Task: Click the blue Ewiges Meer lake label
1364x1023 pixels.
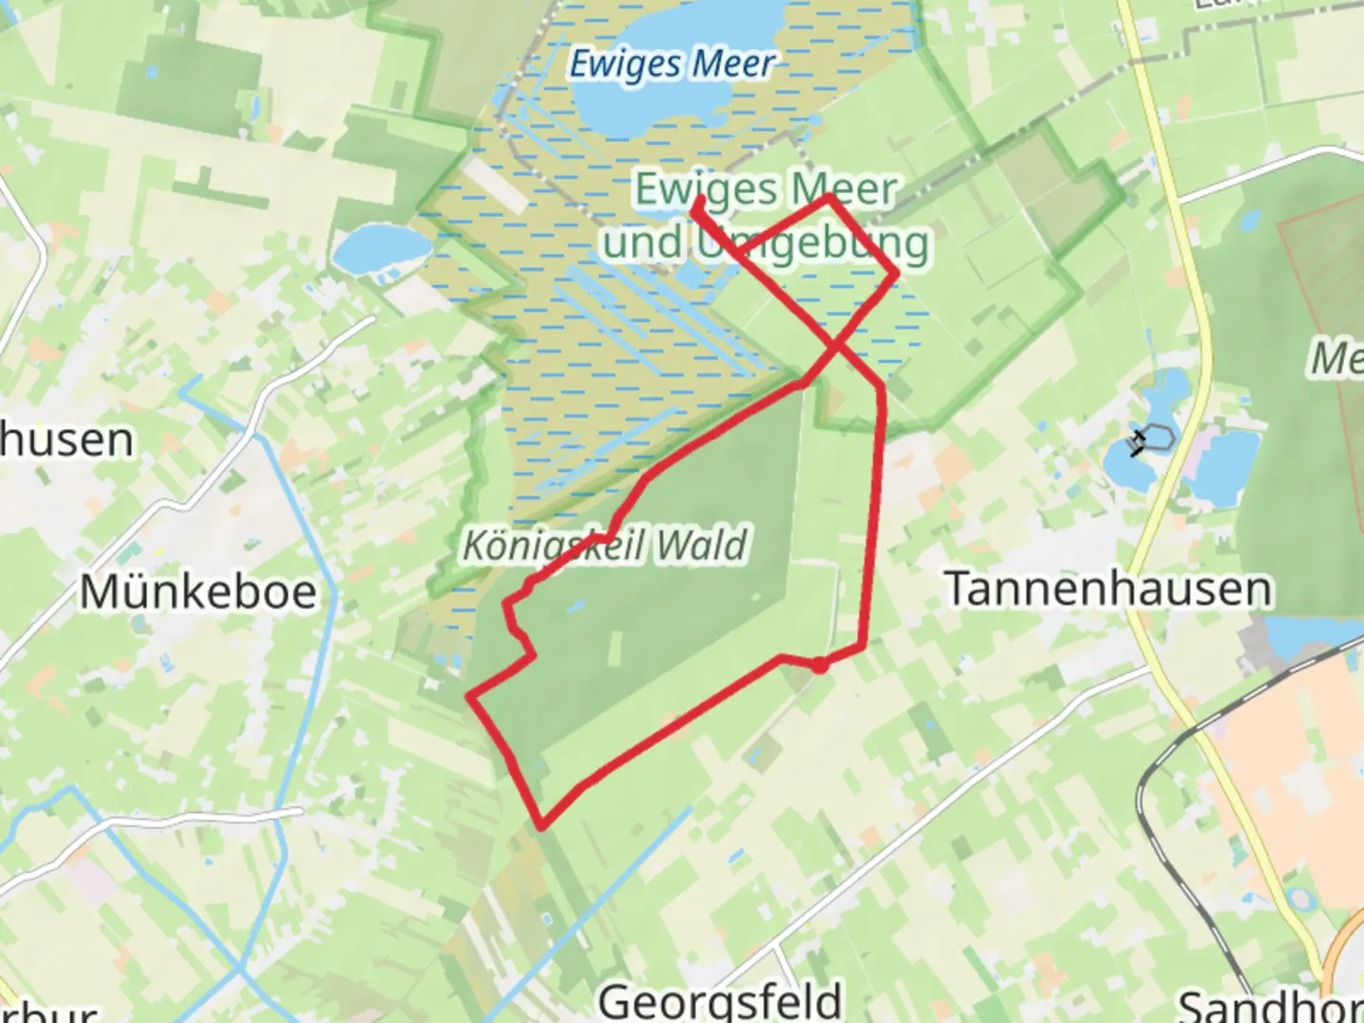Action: (671, 64)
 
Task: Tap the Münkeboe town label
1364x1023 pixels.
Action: (198, 592)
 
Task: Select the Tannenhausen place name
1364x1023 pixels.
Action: (1108, 588)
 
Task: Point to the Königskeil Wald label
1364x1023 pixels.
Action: (604, 546)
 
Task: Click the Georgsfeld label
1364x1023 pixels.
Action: (720, 999)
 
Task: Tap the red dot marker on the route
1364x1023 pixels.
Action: (820, 666)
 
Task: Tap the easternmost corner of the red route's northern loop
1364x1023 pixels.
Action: (896, 273)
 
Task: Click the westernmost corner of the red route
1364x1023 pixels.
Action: (469, 698)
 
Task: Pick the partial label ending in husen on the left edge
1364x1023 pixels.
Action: (66, 440)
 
